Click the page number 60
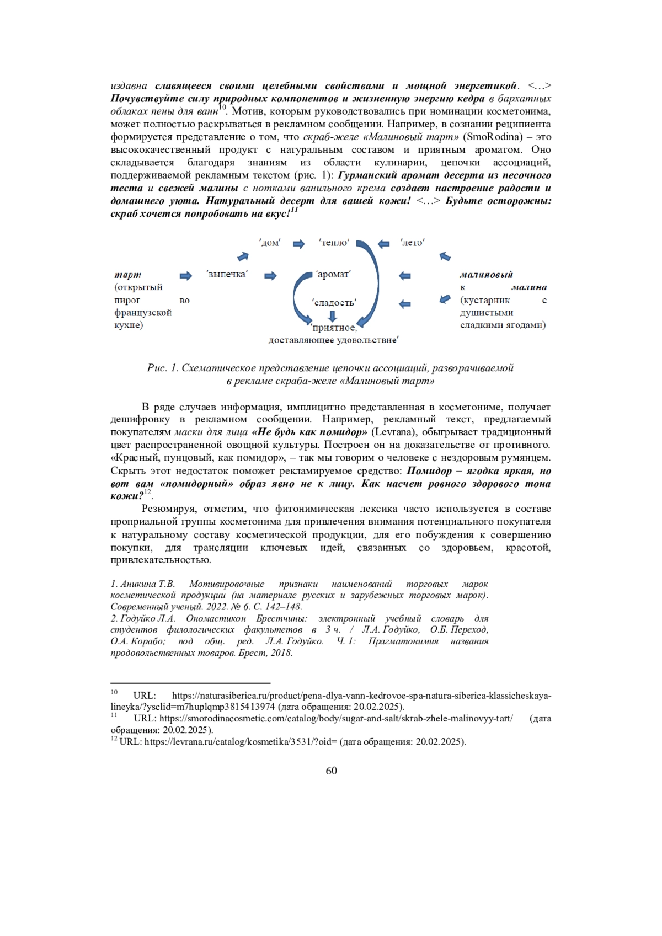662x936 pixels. (331, 771)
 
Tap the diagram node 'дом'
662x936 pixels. (270, 243)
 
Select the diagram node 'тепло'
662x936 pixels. (334, 243)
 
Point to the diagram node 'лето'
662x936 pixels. (412, 243)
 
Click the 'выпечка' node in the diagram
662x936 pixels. (227, 275)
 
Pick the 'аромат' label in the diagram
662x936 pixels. (333, 275)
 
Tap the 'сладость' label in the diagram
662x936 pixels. (334, 302)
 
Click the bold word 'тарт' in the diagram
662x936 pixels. (128, 275)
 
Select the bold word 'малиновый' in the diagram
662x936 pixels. (486, 275)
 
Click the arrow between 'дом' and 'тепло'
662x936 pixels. (299, 244)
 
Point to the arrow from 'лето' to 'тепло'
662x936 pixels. (383, 244)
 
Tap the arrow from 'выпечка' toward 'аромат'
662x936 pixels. (270, 276)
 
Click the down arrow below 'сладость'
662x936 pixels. (332, 315)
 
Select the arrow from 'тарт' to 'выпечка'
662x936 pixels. (186, 276)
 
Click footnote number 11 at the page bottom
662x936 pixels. (114, 715)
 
